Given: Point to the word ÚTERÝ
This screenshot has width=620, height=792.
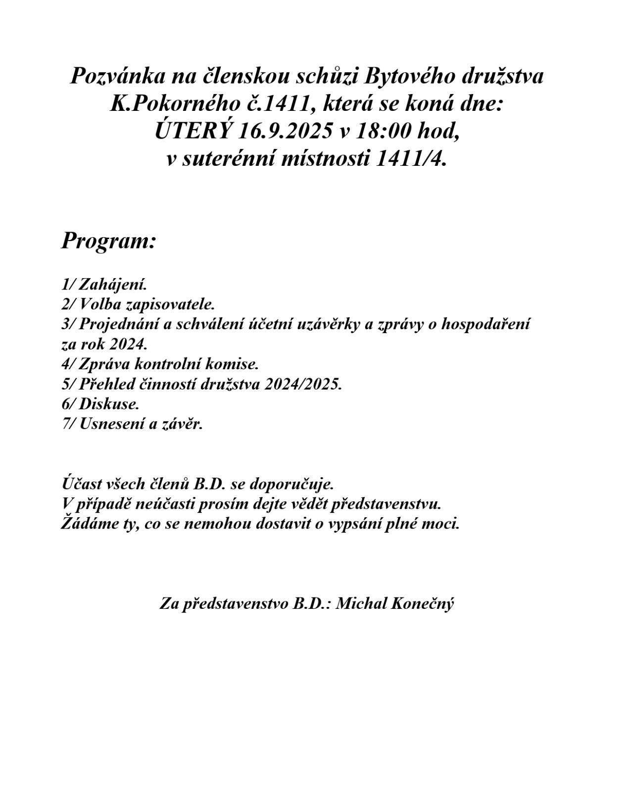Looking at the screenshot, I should pos(194,132).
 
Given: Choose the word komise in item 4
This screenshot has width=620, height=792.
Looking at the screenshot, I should pos(234,364).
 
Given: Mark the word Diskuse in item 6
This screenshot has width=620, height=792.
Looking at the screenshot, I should pos(109,404).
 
